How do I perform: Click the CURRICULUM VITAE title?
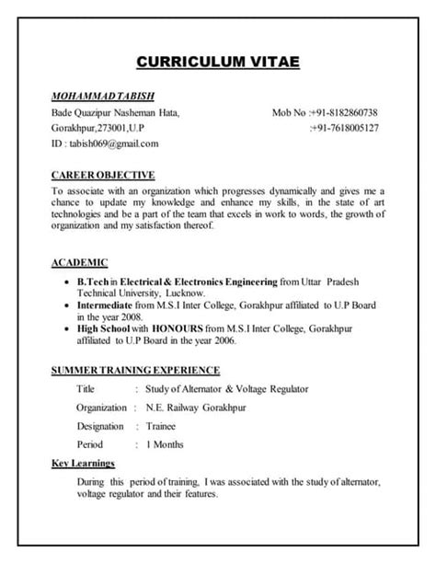217,63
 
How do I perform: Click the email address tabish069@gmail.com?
113,144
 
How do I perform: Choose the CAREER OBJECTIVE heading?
103,174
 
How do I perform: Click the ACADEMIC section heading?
80,261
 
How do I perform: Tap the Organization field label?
101,408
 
